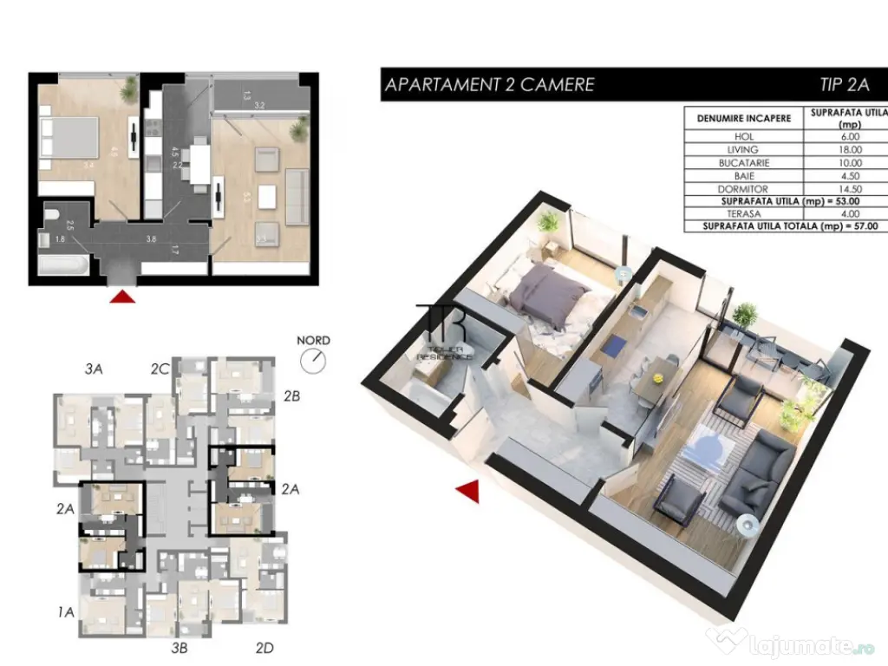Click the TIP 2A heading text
(843, 84)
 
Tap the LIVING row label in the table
(743, 149)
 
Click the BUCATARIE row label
(743, 162)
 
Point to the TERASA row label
(743, 213)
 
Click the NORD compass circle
(313, 361)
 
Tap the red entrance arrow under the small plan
(123, 297)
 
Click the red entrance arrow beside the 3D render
(469, 492)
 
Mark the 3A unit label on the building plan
(95, 369)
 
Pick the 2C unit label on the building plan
(159, 369)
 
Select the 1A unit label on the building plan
(66, 612)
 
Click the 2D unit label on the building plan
(265, 647)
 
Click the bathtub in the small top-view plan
(62, 264)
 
